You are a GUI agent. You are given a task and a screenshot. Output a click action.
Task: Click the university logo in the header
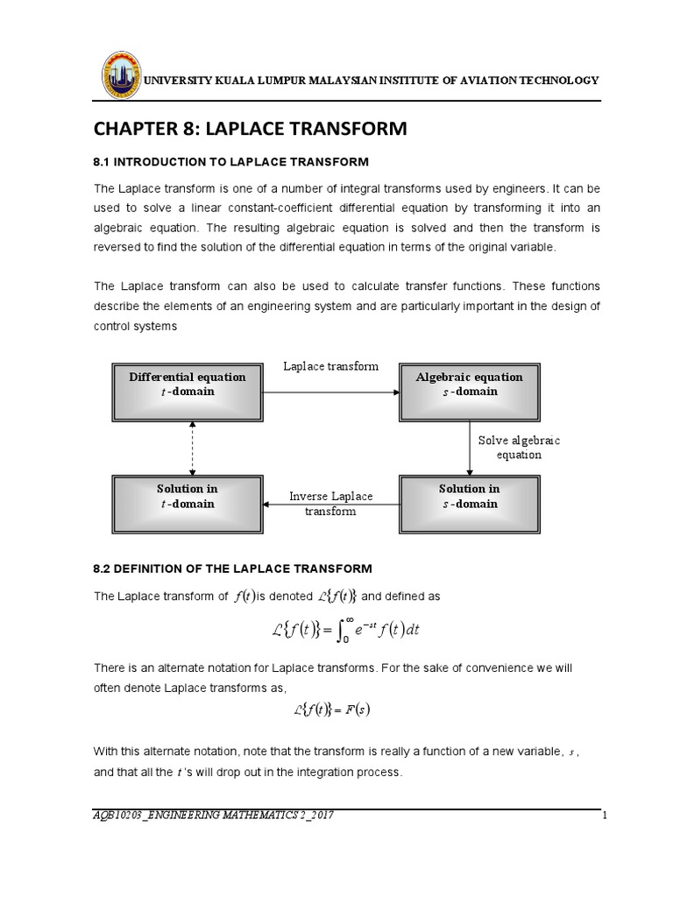tap(121, 76)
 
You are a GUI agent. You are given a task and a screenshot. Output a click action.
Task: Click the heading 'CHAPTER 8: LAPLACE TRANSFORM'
tap(251, 130)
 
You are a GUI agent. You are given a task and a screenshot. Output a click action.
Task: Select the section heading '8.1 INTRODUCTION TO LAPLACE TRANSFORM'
tap(232, 162)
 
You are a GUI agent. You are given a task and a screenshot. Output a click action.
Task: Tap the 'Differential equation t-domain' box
tap(188, 385)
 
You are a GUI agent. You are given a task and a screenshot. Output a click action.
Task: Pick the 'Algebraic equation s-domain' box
tap(469, 385)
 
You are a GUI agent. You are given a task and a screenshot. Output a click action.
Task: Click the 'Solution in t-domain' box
tap(188, 497)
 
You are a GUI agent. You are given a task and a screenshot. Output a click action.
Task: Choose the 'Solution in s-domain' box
tap(469, 497)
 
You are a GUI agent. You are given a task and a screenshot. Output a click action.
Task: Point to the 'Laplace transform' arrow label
tap(331, 366)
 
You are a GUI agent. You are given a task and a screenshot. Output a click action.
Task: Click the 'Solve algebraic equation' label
tap(519, 447)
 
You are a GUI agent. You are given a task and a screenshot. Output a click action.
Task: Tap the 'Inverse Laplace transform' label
tap(331, 504)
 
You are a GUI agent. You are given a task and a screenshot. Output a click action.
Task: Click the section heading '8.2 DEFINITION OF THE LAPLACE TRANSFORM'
tap(233, 569)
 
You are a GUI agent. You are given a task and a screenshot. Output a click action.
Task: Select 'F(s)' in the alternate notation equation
tap(357, 710)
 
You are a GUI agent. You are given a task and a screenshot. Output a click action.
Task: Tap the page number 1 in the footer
tap(605, 816)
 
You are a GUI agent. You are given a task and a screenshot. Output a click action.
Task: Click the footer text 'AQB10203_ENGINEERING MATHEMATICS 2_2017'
tap(213, 816)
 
